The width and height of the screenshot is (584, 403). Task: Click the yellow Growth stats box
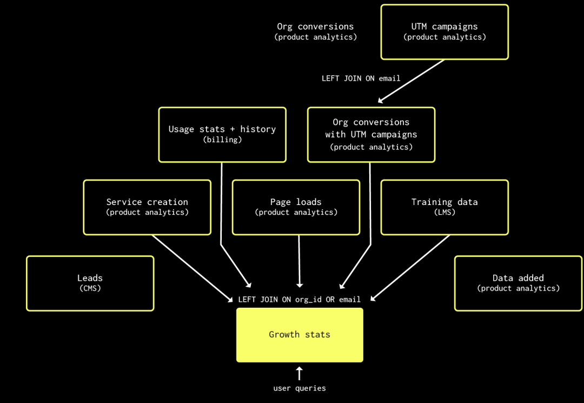(300, 335)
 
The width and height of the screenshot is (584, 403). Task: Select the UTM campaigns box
(444, 32)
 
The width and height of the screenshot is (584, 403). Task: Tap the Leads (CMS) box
(90, 283)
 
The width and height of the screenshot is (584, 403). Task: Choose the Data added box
(519, 283)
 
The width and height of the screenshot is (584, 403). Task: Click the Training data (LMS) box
(444, 208)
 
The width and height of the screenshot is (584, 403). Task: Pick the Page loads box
(296, 208)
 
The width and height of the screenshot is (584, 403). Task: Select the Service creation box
(147, 208)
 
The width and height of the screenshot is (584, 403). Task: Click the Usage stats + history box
(222, 135)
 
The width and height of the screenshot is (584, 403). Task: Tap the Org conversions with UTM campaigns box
(371, 135)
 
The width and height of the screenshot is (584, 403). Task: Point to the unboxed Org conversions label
(315, 32)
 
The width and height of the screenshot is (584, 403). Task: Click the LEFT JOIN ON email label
(361, 78)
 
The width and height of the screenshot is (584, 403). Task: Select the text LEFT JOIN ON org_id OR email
(300, 300)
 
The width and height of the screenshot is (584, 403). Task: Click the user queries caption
(300, 388)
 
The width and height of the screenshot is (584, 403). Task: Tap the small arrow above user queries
(300, 373)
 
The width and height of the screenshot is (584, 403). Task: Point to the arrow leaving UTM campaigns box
(411, 81)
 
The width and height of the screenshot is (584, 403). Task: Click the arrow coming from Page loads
(299, 261)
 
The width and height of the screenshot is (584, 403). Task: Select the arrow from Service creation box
(193, 268)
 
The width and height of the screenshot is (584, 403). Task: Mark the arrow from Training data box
(410, 268)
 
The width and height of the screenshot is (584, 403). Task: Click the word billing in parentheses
(222, 140)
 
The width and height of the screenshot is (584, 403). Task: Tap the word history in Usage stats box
(258, 129)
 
